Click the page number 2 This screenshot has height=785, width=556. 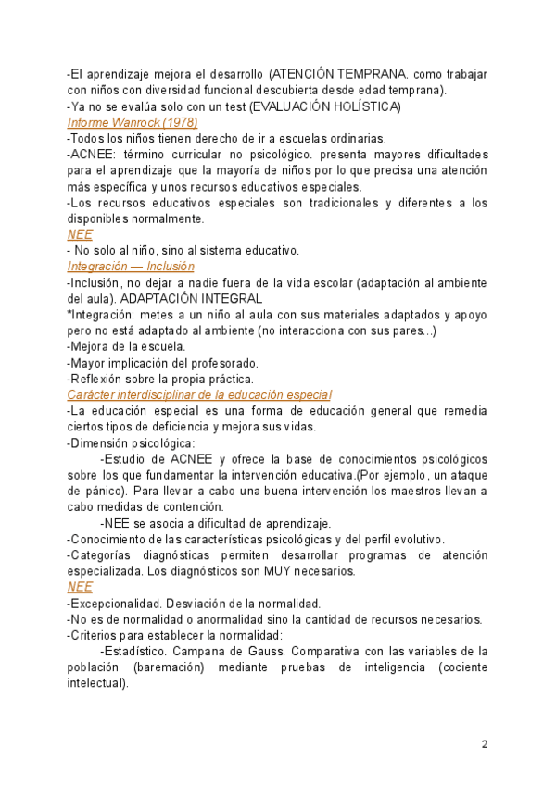pos(484,744)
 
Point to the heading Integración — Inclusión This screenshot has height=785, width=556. pos(131,266)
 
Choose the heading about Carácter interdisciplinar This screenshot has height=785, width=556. pos(199,395)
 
